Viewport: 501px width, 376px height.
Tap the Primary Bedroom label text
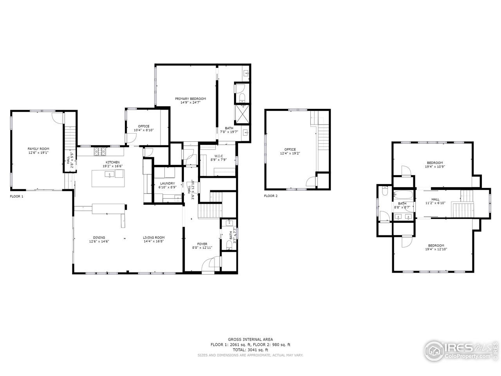tap(190, 99)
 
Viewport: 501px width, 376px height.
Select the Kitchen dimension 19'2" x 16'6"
tap(112, 166)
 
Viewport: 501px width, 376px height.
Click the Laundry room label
tap(167, 183)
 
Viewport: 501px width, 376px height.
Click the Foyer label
tap(202, 244)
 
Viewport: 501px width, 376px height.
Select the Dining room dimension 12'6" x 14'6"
tap(99, 242)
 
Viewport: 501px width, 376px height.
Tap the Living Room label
tap(153, 237)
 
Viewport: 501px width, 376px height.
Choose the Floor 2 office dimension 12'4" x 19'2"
tap(290, 154)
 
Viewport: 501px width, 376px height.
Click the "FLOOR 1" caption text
tap(16, 196)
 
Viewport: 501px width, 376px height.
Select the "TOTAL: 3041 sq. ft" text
tap(250, 350)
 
